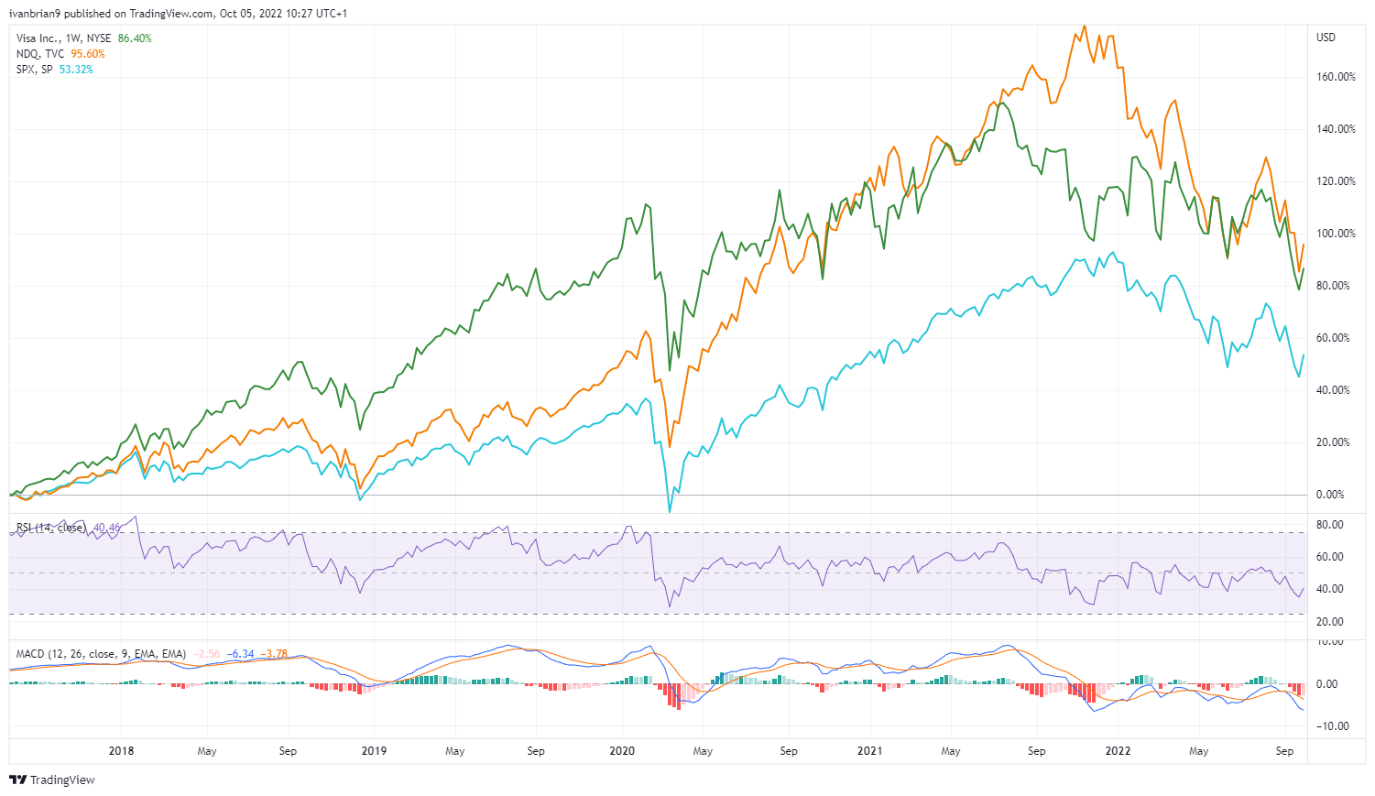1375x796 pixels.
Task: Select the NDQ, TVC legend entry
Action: tap(40, 54)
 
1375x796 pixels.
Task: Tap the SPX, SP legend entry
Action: tap(35, 70)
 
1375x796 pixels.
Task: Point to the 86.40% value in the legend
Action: tap(135, 38)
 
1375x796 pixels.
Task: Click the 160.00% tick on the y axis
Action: tap(1336, 77)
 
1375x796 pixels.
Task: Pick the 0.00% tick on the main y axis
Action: tap(1330, 495)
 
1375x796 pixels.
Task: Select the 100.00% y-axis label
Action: tap(1336, 234)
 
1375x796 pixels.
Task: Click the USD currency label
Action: tap(1326, 38)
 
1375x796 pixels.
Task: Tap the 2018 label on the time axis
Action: tap(121, 751)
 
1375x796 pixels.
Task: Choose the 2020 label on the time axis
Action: tap(622, 751)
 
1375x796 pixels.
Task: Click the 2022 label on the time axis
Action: tap(1118, 751)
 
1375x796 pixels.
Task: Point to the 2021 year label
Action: tap(869, 751)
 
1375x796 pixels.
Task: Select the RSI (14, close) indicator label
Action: tap(51, 528)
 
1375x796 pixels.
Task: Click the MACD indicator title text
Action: tap(101, 654)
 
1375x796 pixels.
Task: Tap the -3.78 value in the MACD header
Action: tap(274, 654)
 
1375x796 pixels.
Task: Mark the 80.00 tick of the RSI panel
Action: tap(1330, 525)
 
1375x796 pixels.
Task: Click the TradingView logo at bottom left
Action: tap(52, 780)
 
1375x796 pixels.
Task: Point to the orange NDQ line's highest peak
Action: tap(1085, 26)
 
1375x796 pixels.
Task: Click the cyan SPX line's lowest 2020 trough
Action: tap(670, 512)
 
